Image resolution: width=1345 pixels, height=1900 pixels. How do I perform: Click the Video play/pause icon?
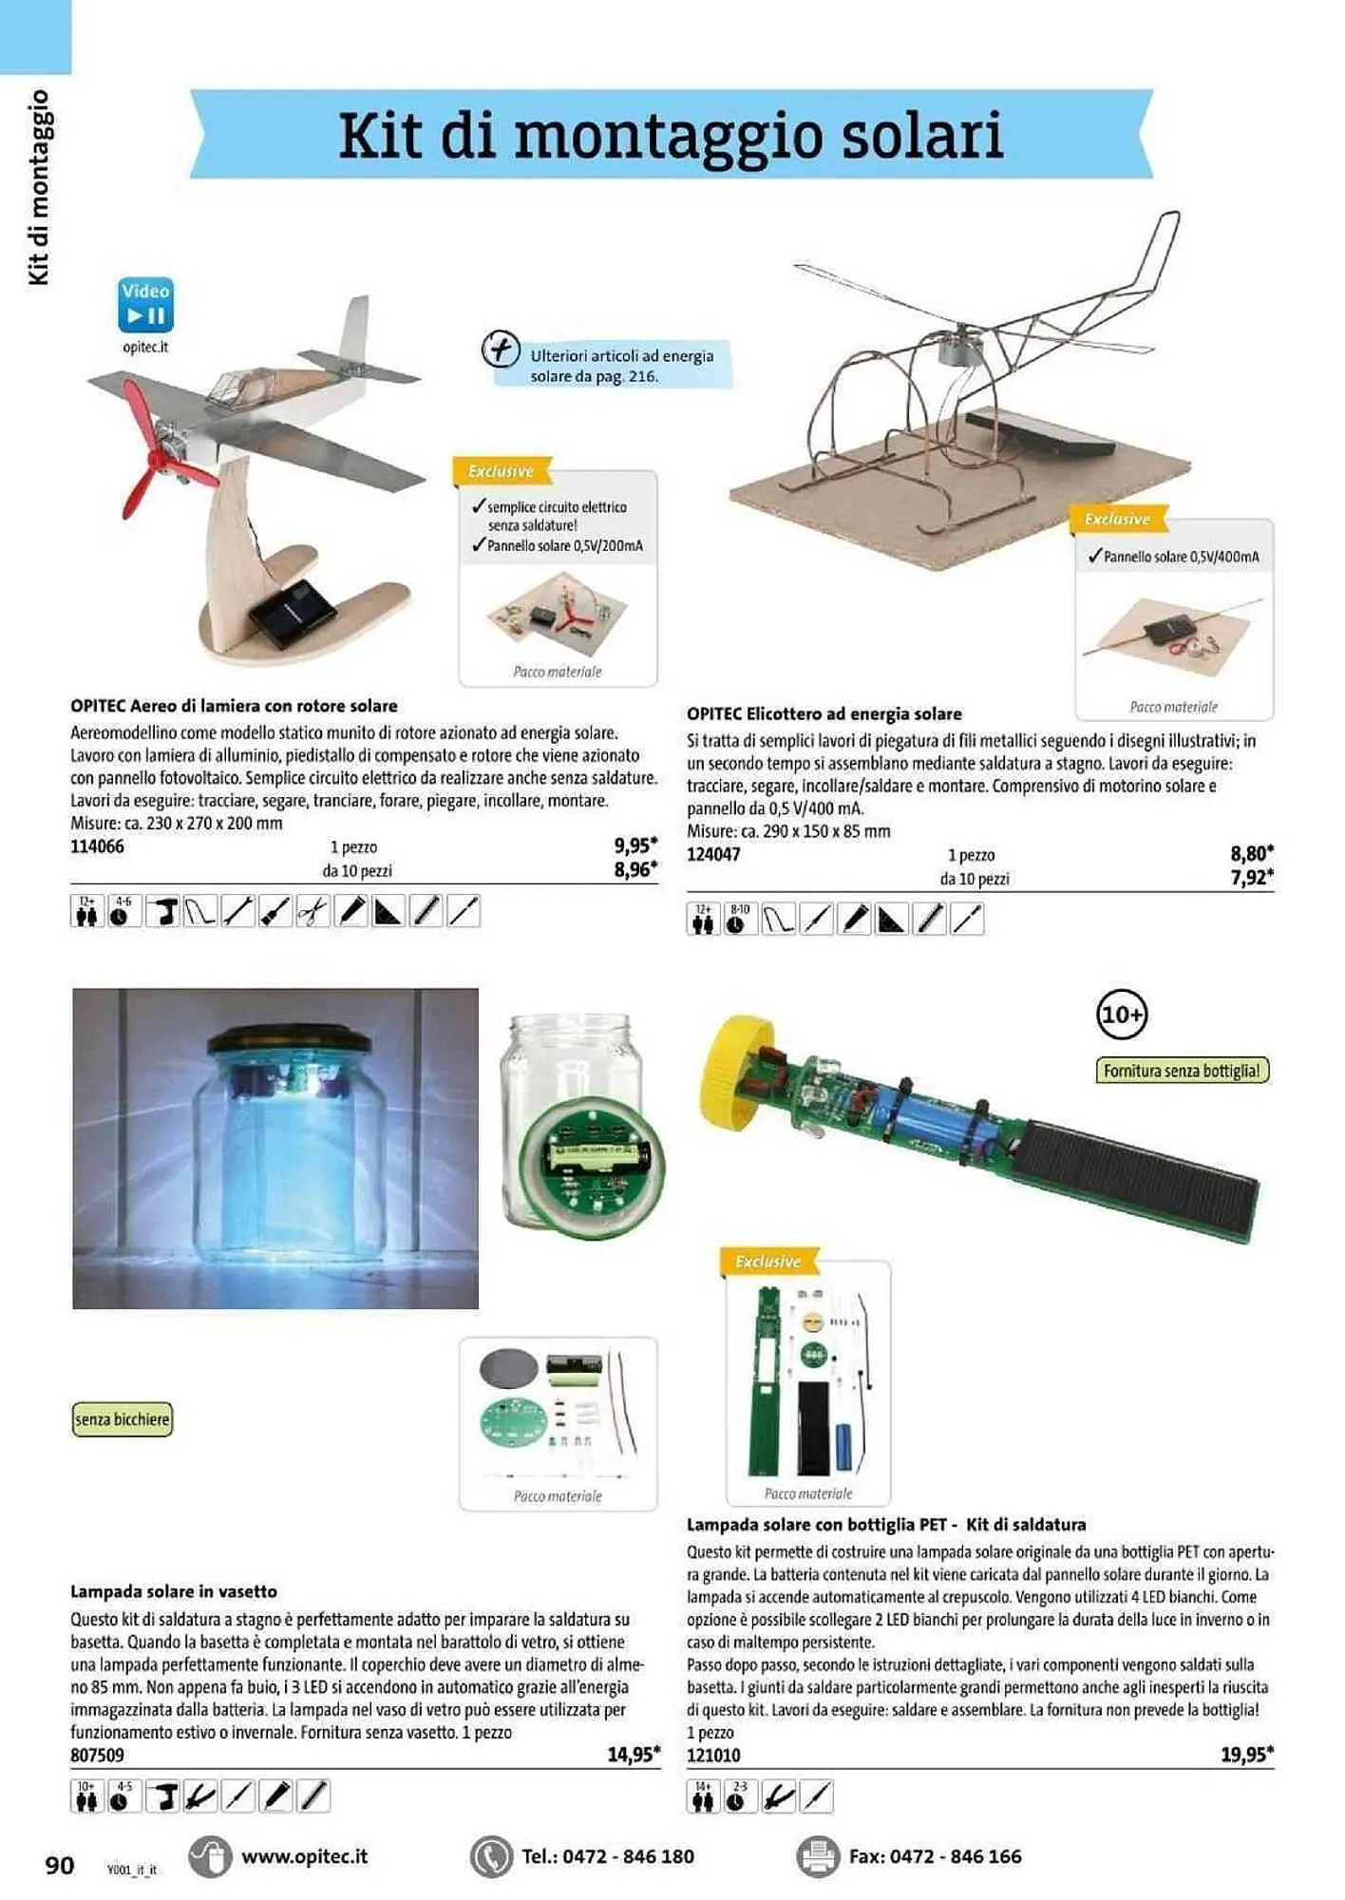point(145,304)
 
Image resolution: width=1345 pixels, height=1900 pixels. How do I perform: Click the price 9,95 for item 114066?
point(635,845)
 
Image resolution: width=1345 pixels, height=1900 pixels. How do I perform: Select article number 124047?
point(713,854)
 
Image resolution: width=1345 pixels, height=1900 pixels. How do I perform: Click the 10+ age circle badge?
point(1122,1015)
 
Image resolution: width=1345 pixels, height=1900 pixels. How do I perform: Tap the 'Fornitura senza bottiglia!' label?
point(1183,1071)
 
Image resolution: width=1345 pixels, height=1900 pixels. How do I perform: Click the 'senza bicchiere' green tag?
point(123,1419)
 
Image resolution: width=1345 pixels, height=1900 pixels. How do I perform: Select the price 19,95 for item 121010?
point(1246,1754)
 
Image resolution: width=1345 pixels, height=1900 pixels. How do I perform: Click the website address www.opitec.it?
point(304,1856)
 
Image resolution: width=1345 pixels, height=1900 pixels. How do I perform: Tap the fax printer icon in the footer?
point(818,1856)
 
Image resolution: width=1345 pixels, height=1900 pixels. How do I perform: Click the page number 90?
point(60,1865)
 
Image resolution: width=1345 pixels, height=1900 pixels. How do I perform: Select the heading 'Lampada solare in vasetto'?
point(174,1591)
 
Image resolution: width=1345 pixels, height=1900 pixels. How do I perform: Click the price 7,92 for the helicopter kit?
point(1251,877)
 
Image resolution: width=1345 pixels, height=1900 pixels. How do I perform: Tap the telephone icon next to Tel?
point(491,1856)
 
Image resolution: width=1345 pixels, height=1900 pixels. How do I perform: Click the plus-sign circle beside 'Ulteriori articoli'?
point(501,350)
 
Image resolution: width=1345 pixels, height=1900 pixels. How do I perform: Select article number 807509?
point(97,1756)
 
